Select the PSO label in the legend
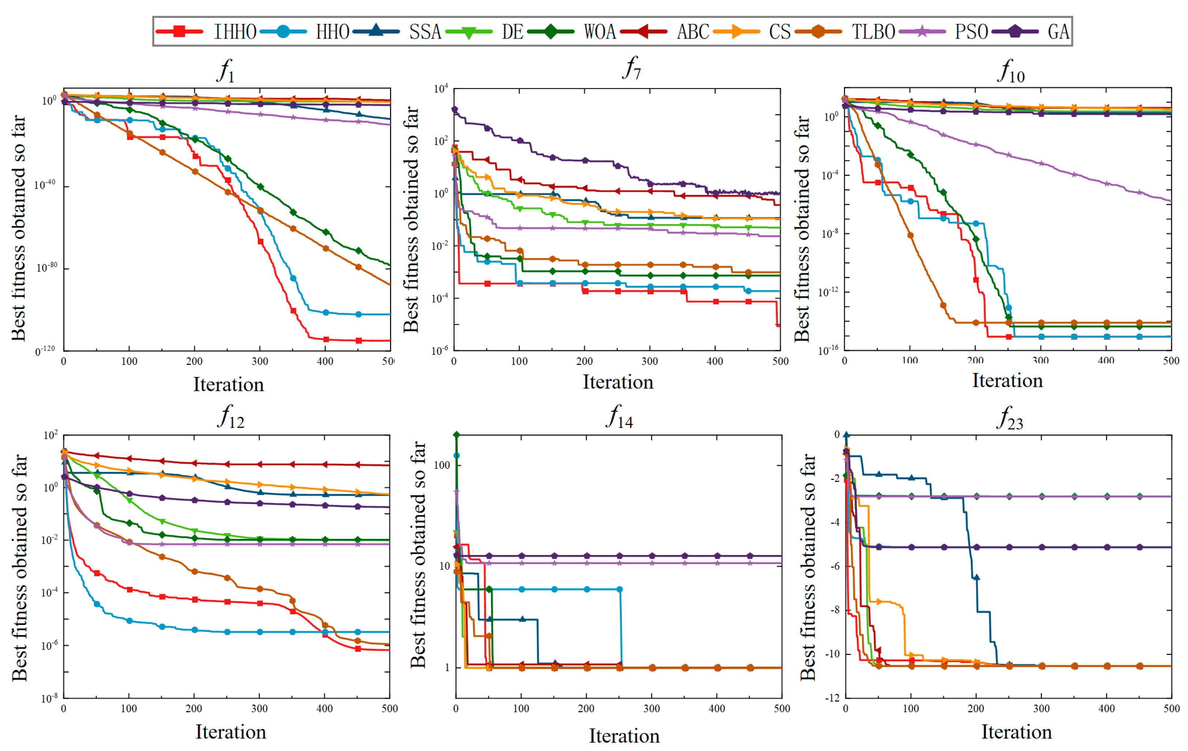click(970, 32)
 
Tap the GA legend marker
click(1015, 32)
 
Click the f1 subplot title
click(226, 71)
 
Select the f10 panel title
click(1010, 71)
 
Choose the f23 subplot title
click(1009, 418)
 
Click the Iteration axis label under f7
click(618, 382)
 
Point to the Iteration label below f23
click(1016, 732)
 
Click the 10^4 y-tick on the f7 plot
click(441, 89)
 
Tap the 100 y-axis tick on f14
click(442, 465)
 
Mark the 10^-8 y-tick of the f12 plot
click(49, 698)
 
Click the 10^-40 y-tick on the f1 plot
click(44, 185)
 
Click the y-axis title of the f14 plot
click(417, 555)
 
